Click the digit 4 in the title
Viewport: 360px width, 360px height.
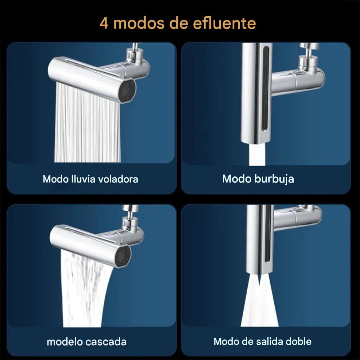click(x=104, y=23)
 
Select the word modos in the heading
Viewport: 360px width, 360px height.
click(x=139, y=23)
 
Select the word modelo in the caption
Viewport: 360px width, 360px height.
click(x=65, y=342)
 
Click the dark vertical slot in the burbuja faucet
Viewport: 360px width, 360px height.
click(x=266, y=89)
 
